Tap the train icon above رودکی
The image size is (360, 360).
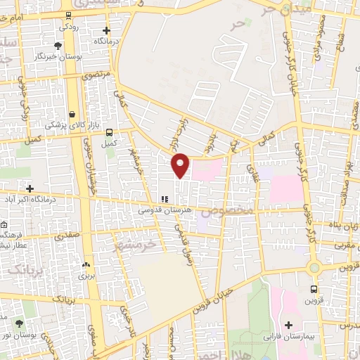coord(67,15)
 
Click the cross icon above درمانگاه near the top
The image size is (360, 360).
coord(106,30)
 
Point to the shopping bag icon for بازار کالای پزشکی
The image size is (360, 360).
coord(72,113)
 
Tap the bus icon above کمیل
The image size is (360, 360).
coord(109,131)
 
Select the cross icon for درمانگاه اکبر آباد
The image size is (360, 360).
coord(30,188)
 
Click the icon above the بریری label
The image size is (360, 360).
coord(86,264)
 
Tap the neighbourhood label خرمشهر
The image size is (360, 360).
coord(136,245)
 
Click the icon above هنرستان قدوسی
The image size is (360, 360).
coord(164,199)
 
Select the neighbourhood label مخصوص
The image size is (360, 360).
coord(226,211)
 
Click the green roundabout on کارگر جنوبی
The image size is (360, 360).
coord(314,268)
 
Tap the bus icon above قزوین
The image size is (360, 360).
coord(314,288)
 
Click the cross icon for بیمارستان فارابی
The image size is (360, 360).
coord(288,325)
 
